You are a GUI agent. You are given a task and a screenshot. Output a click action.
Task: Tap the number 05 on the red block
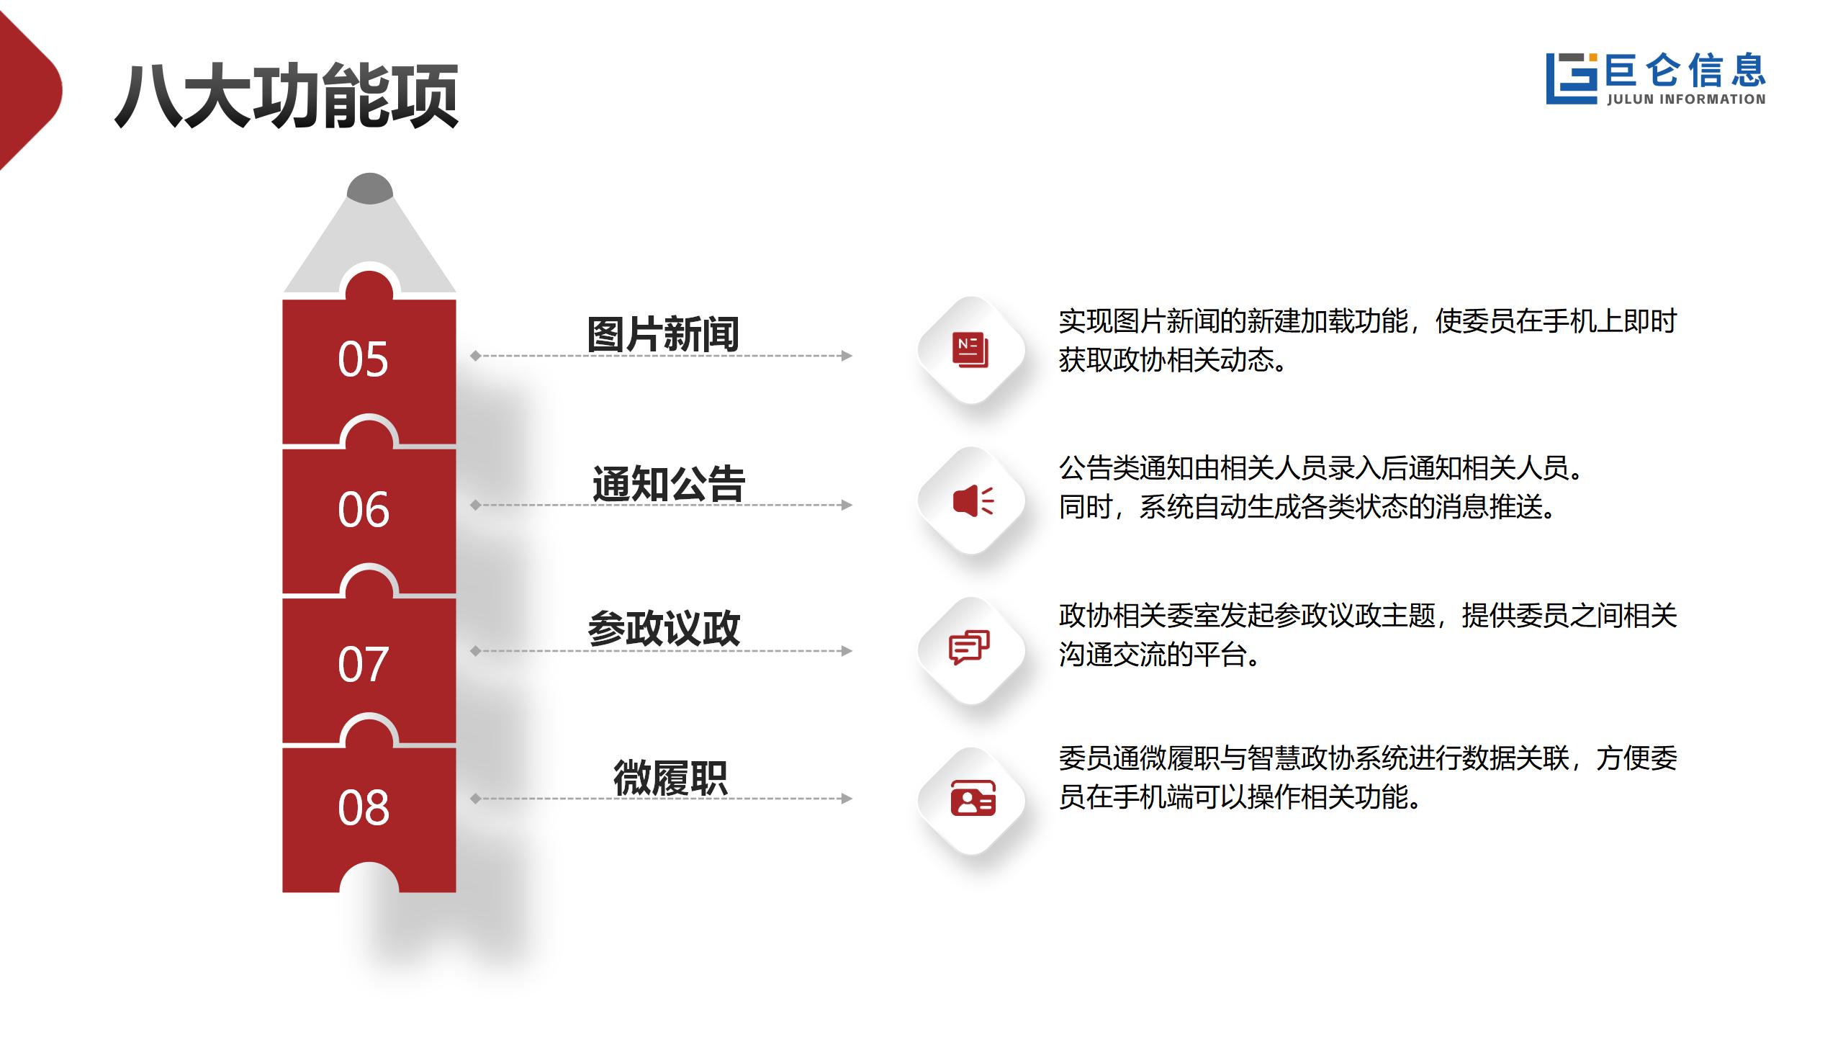(x=363, y=359)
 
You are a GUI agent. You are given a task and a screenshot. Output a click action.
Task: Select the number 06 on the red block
(x=363, y=510)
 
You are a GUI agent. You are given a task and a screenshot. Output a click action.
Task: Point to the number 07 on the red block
(x=363, y=664)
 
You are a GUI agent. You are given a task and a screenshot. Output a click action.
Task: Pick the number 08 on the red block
(x=363, y=807)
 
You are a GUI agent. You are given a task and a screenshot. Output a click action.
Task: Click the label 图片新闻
(x=663, y=334)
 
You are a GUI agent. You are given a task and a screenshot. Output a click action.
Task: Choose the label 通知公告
(x=668, y=483)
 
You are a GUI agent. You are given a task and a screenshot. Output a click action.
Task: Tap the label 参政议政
(x=664, y=628)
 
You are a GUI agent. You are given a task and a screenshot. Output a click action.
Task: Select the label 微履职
(x=670, y=778)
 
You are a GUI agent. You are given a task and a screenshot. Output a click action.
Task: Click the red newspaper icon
(x=970, y=350)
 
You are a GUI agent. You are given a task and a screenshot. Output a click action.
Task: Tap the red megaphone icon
(x=973, y=500)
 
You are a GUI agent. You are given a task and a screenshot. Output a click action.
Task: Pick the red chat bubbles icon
(x=969, y=647)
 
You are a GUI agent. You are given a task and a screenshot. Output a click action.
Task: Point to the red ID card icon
(x=973, y=798)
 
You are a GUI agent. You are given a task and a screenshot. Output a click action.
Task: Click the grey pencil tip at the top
(x=370, y=188)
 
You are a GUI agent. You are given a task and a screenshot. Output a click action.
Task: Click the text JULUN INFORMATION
(x=1686, y=99)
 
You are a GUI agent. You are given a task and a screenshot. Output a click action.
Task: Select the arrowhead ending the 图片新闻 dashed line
(x=847, y=356)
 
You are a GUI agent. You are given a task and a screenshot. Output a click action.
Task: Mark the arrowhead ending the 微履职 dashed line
(x=847, y=798)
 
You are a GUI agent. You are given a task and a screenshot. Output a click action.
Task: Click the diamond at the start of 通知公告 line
(x=475, y=505)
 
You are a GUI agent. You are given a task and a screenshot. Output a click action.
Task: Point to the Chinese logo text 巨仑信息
(x=1685, y=71)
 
